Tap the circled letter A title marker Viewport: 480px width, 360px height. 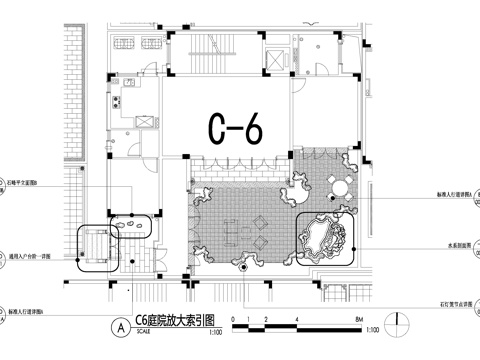point(120,324)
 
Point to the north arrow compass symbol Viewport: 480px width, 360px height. point(402,323)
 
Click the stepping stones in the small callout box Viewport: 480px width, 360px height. point(131,228)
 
